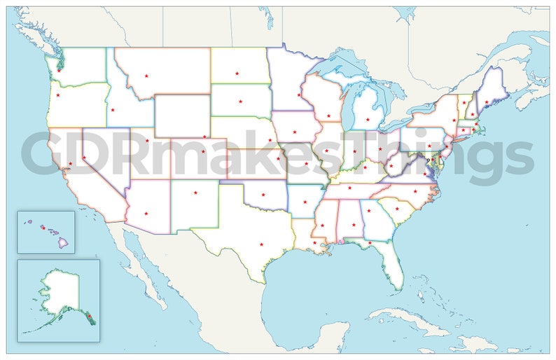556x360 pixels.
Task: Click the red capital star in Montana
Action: [x=146, y=76]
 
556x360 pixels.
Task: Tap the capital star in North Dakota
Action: [x=237, y=74]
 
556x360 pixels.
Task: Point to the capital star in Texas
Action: [x=261, y=244]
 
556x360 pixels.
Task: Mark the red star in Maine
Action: [x=486, y=102]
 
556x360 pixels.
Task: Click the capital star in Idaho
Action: [x=112, y=110]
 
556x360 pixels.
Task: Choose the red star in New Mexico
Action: [x=195, y=192]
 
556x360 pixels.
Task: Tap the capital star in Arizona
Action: [x=146, y=213]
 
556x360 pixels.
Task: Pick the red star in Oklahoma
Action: [x=263, y=195]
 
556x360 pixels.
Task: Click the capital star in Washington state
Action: [x=59, y=70]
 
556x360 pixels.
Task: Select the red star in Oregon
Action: [x=57, y=95]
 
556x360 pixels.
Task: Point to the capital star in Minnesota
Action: [x=299, y=95]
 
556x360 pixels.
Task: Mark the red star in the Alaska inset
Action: [x=89, y=317]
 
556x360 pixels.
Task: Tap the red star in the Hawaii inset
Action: [x=43, y=228]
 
